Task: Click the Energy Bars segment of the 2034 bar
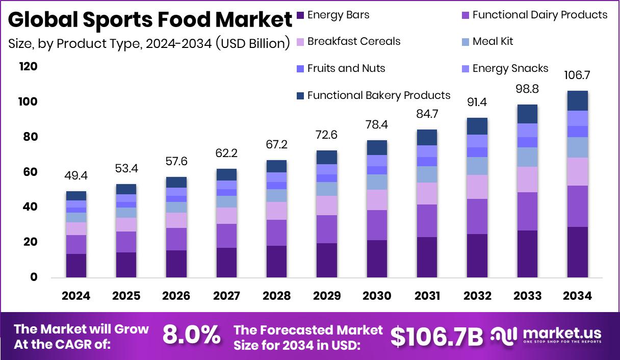(x=577, y=252)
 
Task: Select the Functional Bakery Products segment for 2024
(x=76, y=196)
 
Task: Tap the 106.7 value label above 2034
(x=577, y=75)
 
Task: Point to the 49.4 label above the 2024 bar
(x=76, y=176)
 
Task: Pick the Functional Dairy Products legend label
(x=539, y=15)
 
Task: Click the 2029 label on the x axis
(x=327, y=296)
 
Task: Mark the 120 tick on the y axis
(x=28, y=66)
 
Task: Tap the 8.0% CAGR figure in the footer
(x=191, y=336)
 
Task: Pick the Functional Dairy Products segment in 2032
(x=477, y=216)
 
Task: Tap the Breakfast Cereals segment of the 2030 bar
(x=377, y=200)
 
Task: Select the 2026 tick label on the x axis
(x=176, y=296)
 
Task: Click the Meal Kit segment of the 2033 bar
(x=527, y=157)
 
